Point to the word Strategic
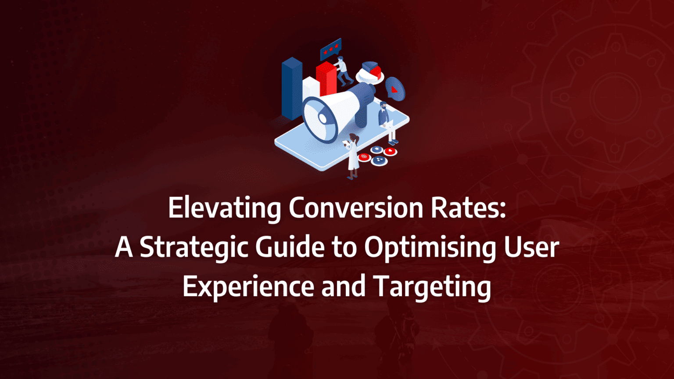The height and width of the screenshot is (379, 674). (x=194, y=248)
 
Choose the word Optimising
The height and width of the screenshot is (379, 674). (x=430, y=248)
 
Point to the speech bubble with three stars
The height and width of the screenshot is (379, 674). (x=330, y=50)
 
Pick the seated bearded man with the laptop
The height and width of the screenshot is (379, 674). (x=386, y=121)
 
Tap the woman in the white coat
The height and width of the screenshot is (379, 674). (x=353, y=156)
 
